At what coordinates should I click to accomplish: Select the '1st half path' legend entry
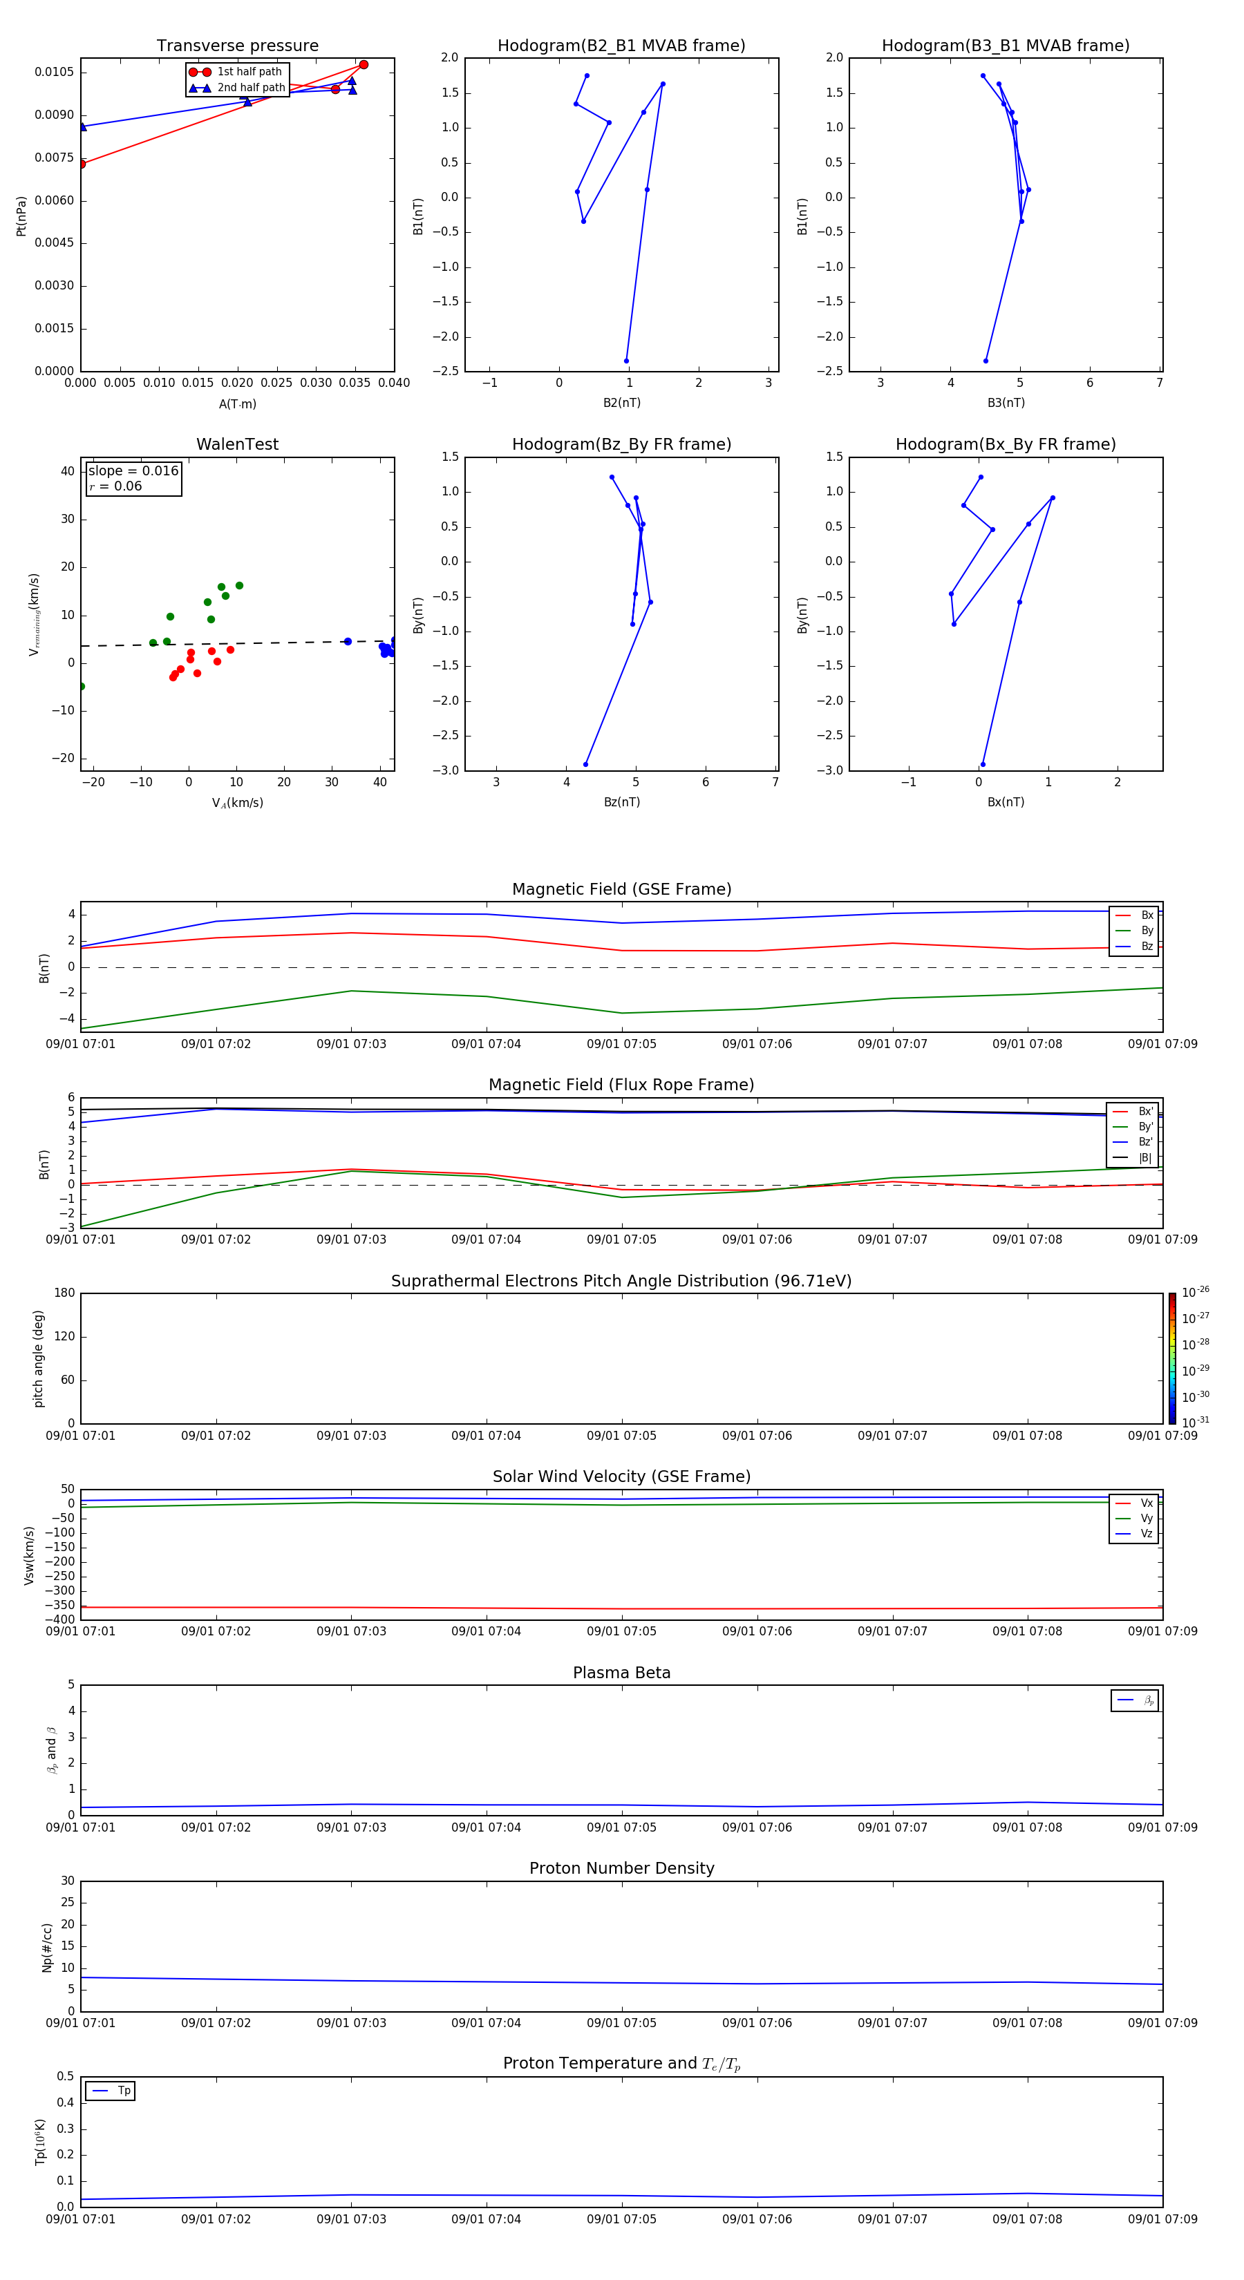[249, 72]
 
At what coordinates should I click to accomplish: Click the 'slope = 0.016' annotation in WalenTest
[133, 471]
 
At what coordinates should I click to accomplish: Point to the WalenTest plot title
[237, 444]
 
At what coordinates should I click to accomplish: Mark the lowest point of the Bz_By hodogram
[585, 765]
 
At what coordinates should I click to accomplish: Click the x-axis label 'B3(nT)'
[1006, 403]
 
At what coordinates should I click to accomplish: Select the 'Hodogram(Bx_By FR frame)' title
[1005, 444]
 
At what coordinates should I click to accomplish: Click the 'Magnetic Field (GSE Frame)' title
[621, 889]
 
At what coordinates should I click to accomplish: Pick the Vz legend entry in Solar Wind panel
[1146, 1534]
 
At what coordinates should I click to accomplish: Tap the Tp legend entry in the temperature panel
[123, 2091]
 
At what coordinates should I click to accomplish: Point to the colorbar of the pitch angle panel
[1171, 1358]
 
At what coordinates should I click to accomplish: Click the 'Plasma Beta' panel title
[621, 1673]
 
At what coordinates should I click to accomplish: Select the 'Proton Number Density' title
[621, 1868]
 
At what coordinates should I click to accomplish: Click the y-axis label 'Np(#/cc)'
[47, 1947]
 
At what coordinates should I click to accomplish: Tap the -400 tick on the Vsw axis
[59, 1619]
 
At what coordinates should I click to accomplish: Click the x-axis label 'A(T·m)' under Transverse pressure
[237, 404]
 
